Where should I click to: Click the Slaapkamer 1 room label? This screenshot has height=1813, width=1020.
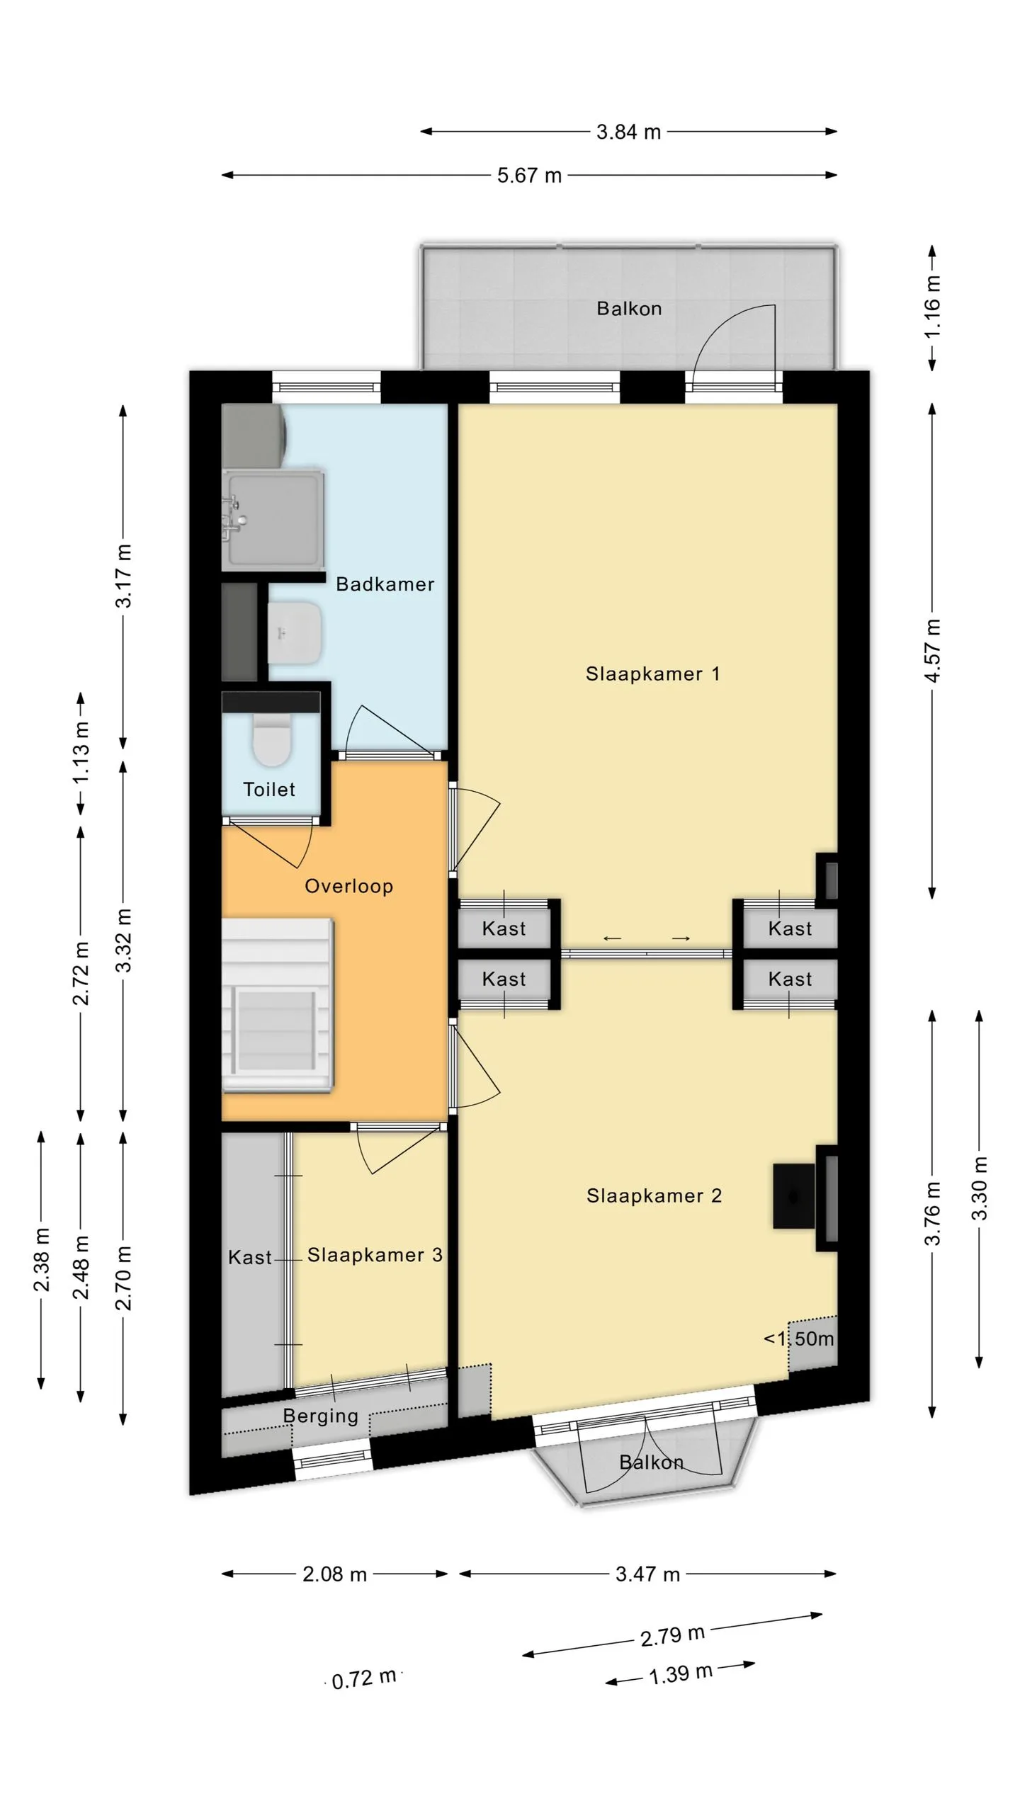click(x=652, y=674)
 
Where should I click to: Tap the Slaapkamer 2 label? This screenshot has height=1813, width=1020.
click(x=654, y=1195)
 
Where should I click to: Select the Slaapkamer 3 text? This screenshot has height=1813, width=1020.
click(x=375, y=1255)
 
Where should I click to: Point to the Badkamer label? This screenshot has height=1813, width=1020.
click(x=385, y=584)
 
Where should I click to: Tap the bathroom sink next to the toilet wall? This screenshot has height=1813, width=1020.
click(x=295, y=633)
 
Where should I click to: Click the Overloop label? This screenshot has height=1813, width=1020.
click(x=348, y=886)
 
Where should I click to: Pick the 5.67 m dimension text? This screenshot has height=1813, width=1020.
click(x=529, y=175)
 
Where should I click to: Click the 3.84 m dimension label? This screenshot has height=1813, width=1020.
click(x=628, y=132)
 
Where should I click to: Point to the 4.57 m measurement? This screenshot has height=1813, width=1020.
click(x=933, y=651)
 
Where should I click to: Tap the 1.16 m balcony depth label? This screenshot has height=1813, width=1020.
click(x=933, y=306)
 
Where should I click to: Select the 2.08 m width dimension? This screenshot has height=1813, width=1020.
click(x=334, y=1574)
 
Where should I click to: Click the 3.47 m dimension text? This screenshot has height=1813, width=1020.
click(x=647, y=1574)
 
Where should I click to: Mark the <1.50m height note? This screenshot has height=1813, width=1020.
click(x=798, y=1339)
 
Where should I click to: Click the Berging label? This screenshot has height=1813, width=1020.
click(x=320, y=1416)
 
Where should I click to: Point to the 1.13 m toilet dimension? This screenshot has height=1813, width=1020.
click(x=81, y=752)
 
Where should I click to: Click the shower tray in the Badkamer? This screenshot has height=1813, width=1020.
click(x=273, y=521)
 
